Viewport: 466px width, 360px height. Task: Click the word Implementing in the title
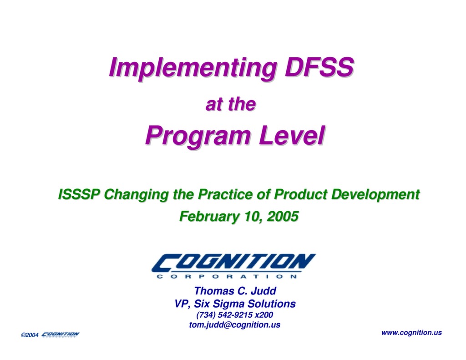pos(192,67)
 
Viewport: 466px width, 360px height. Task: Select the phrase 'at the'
pos(230,105)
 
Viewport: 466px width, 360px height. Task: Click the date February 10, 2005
pos(238,216)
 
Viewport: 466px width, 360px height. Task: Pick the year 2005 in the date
pos(283,216)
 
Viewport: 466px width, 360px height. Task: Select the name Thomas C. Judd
pos(235,291)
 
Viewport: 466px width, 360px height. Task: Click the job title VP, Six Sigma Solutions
pos(235,304)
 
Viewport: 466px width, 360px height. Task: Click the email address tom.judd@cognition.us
pos(235,325)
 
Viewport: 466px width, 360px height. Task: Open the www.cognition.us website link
pos(411,332)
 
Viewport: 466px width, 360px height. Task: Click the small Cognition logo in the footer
pos(60,335)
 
